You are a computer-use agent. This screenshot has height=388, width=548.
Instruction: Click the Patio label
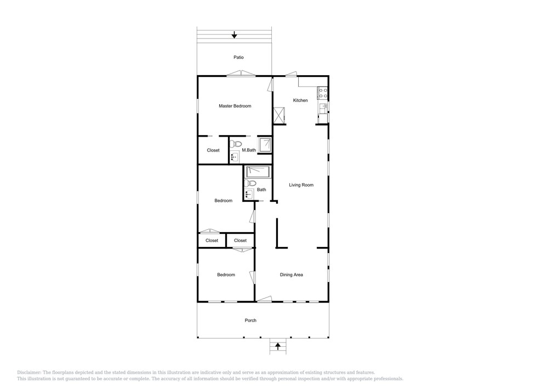pos(239,58)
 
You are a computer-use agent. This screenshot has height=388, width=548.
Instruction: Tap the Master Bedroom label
pos(235,106)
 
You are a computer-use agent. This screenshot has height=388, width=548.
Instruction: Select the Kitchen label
pos(300,100)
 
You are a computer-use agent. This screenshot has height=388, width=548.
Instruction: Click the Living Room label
pos(301,185)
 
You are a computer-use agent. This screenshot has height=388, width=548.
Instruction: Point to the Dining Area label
pos(292,275)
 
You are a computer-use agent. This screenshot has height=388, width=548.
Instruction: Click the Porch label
pos(250,320)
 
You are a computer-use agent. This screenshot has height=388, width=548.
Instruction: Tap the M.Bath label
pos(249,150)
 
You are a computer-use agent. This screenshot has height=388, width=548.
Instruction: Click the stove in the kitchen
pos(322,93)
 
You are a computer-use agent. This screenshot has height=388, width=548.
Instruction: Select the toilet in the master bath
pos(237,143)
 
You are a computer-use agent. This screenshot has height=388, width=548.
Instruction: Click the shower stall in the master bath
pos(265,145)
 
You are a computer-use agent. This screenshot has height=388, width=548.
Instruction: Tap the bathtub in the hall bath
pos(258,172)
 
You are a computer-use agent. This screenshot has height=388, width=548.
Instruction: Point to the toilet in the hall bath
pos(250,183)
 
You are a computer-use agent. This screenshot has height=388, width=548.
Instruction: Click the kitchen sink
pos(323,106)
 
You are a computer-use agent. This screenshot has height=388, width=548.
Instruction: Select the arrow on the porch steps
pos(278,346)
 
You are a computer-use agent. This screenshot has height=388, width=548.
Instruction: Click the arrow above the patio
pos(235,35)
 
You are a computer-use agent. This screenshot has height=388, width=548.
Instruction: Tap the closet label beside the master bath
pos(213,150)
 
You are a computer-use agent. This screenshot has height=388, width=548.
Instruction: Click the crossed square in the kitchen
pos(279,115)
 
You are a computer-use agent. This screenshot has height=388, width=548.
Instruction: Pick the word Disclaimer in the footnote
pos(29,373)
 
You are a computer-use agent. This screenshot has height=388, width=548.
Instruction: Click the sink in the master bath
pos(234,158)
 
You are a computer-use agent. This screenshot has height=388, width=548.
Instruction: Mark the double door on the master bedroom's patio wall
pos(241,74)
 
